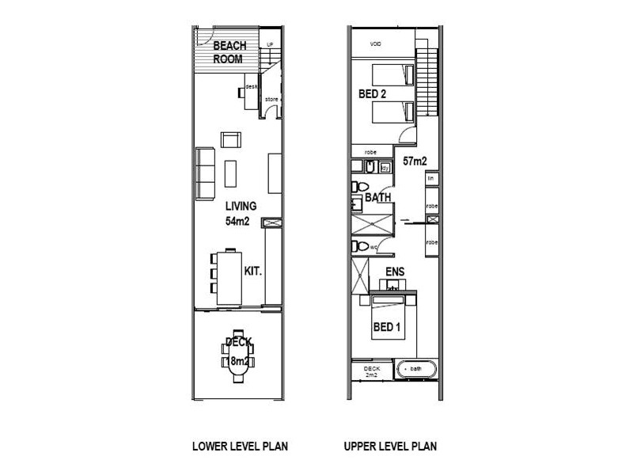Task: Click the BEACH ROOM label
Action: tap(229, 51)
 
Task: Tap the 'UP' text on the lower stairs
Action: tap(270, 44)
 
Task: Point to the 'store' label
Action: tap(271, 99)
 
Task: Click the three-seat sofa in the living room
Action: tap(204, 173)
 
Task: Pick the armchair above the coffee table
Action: tap(230, 140)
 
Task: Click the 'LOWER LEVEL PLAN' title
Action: tap(240, 446)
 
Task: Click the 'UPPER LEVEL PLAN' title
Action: tap(390, 446)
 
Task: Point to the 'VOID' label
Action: tap(376, 44)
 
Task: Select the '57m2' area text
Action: tap(415, 161)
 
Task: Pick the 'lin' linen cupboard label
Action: tap(432, 180)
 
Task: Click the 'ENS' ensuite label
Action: tap(394, 273)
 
